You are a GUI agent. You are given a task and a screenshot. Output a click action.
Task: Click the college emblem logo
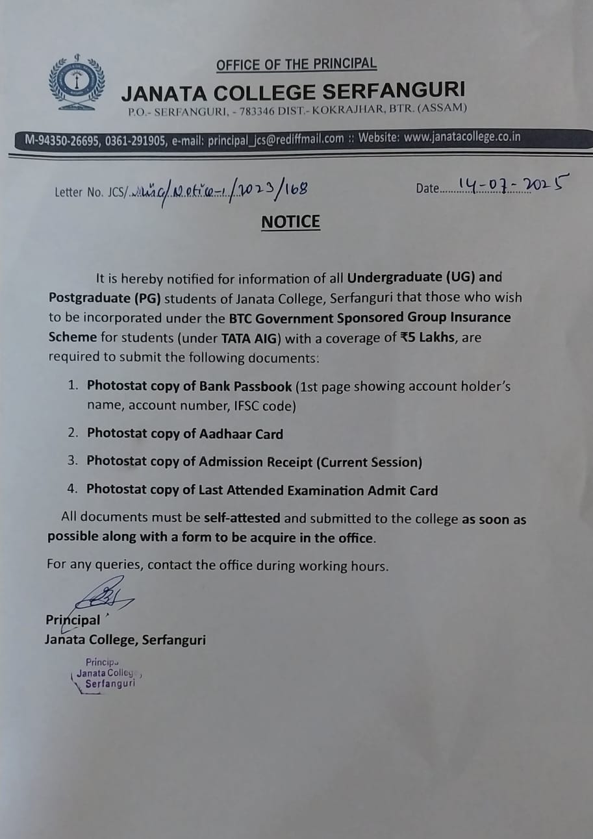tap(77, 82)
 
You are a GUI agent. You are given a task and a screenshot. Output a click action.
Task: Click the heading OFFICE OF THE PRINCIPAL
tap(296, 64)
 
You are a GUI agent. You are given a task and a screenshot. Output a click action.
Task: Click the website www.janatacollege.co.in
tap(462, 138)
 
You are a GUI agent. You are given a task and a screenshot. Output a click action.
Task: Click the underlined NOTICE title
tap(290, 222)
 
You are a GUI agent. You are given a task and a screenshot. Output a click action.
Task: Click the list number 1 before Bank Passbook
tap(73, 386)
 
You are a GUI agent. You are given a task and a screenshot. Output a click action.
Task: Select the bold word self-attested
tap(242, 519)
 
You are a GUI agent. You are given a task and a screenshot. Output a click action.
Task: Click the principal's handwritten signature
tap(104, 595)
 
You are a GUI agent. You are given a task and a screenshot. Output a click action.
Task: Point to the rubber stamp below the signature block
tap(105, 673)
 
